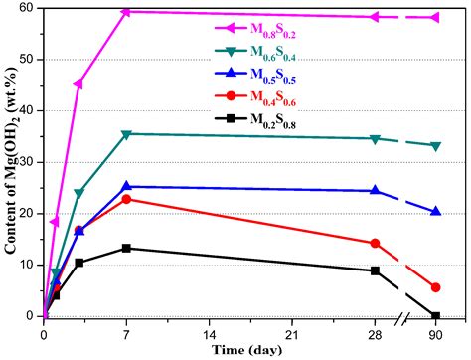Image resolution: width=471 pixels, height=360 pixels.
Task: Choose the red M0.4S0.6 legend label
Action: [269, 100]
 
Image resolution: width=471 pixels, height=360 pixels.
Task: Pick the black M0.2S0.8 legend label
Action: [269, 123]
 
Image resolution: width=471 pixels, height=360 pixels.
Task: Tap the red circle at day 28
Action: [375, 243]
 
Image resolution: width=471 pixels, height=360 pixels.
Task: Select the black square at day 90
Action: [436, 316]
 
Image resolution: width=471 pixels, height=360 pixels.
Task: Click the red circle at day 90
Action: [436, 287]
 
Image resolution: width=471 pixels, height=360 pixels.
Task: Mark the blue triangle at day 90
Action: [436, 211]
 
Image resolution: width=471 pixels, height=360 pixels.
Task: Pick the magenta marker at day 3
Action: [78, 83]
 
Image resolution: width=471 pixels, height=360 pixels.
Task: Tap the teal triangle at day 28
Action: [375, 139]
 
